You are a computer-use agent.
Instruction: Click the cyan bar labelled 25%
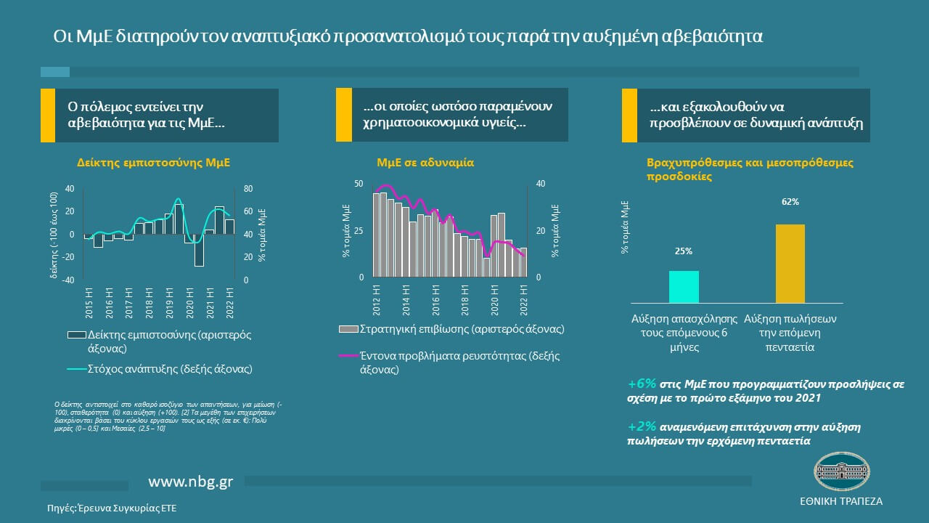(684, 286)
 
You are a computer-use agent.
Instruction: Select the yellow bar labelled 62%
(790, 263)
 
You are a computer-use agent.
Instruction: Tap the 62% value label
(790, 202)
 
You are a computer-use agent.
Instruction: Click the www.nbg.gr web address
(191, 482)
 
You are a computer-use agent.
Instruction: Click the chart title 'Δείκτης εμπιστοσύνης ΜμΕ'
(153, 163)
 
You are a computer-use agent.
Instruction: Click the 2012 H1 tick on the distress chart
(376, 299)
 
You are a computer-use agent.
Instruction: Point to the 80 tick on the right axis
(247, 189)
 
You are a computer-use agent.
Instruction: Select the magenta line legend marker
(348, 357)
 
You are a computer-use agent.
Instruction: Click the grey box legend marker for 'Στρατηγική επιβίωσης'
(348, 330)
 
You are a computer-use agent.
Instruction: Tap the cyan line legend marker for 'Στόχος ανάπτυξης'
(76, 370)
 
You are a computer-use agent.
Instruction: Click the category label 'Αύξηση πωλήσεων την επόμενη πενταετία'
(790, 333)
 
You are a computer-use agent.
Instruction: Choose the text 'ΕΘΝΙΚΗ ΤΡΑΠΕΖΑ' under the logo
(841, 502)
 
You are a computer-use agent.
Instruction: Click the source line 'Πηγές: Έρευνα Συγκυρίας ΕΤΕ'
(112, 508)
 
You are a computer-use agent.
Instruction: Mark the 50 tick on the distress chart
(359, 185)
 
